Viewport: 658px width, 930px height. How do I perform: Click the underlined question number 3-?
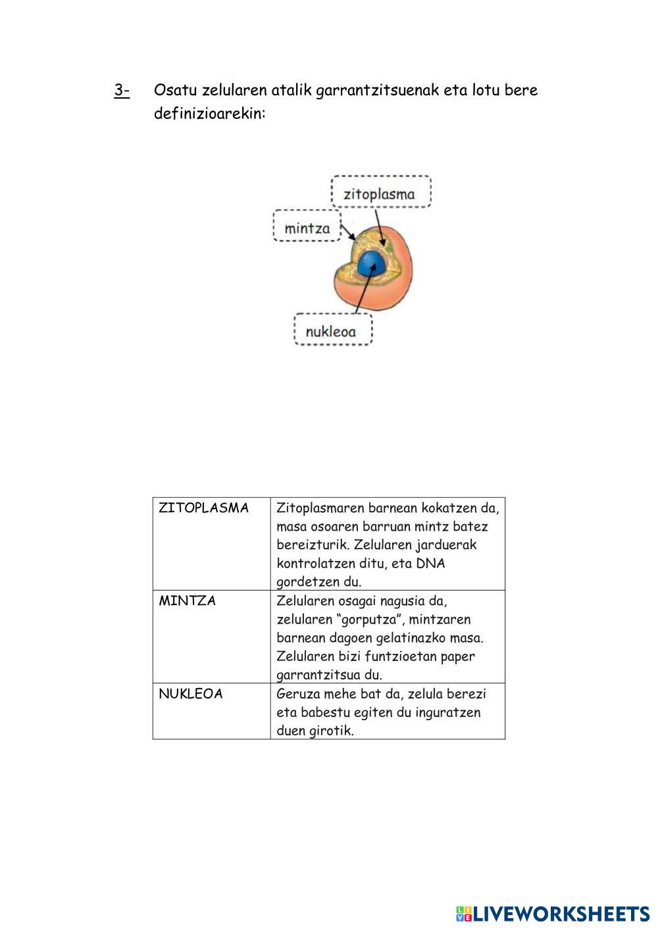(122, 90)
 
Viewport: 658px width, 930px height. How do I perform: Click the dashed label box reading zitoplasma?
(381, 194)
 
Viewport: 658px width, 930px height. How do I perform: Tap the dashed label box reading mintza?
(307, 228)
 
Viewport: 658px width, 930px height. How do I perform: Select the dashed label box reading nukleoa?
(333, 331)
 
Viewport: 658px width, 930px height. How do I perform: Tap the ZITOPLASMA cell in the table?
(204, 508)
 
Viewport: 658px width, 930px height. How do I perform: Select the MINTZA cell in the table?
(188, 601)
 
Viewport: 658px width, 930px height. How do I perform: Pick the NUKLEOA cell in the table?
(191, 694)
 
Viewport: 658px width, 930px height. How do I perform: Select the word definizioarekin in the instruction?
(209, 114)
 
